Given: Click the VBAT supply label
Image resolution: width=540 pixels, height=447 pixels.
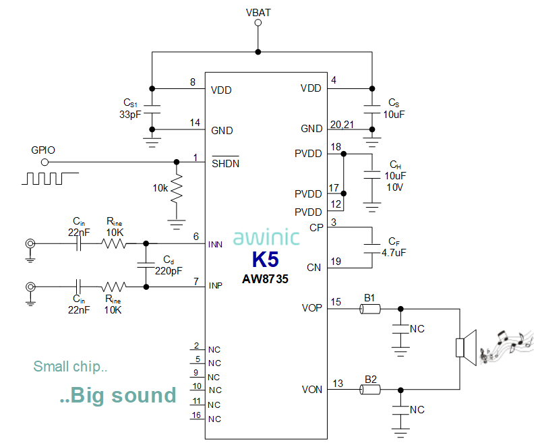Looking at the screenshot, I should coord(258,11).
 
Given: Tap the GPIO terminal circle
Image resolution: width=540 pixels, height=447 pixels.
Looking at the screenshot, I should coord(44,162).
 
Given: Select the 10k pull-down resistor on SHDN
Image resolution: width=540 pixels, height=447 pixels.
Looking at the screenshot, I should coord(177,190).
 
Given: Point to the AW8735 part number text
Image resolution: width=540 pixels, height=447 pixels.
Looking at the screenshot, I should coord(265,278).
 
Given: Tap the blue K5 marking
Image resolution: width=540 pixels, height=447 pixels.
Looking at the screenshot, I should coord(265,260).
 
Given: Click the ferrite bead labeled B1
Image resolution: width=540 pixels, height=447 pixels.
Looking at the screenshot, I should coord(369,309).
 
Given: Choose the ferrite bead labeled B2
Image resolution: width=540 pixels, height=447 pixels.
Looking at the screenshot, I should coord(369,390).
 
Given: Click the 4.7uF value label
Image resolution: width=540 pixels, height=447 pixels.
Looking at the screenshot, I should coord(393,253).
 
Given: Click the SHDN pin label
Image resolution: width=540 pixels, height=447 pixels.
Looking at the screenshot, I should coord(225,163).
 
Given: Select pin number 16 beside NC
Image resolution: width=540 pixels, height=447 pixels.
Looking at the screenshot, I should coord(196,415).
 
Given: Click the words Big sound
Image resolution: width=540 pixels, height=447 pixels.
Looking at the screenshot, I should coord(117,395).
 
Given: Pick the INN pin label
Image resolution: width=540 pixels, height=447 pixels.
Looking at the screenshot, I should coord(216,245).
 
